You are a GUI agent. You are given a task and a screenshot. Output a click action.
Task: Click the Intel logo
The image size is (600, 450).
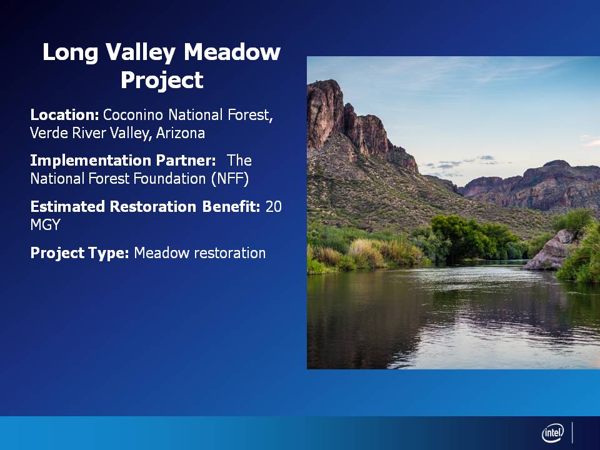coord(552,433)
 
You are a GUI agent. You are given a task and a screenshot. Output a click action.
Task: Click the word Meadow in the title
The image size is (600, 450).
coord(232,52)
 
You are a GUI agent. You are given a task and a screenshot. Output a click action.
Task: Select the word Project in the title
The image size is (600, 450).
coord(162,80)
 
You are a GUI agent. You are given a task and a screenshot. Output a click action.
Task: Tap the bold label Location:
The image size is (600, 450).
coord(64,115)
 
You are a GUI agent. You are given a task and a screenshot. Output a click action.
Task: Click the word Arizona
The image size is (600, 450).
coord(181,133)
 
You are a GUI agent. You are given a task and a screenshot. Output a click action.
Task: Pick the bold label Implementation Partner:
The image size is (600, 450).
coord(123,161)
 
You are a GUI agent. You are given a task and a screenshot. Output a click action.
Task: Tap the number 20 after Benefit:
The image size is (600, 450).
coord(274,207)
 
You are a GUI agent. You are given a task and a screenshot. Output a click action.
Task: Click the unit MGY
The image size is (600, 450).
coord(45,224)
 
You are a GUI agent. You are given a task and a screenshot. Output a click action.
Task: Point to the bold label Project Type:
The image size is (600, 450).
coord(79,253)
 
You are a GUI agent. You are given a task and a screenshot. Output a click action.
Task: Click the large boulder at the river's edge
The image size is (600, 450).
coord(550,251)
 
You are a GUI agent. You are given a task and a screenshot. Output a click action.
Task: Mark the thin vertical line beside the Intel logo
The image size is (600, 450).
coord(572,432)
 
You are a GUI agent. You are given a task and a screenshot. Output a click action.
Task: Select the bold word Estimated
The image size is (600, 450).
coord(67,207)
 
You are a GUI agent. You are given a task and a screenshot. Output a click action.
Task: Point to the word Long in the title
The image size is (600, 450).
coord(71,52)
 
